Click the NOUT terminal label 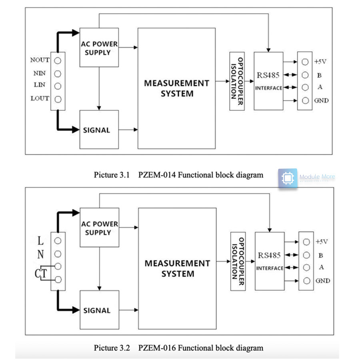coord(40,60)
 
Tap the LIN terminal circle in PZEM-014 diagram coord(58,86)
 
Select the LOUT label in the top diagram coord(40,98)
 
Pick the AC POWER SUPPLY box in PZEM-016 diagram coord(100,228)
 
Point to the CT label coord(40,274)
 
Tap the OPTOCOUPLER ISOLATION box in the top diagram coord(237,81)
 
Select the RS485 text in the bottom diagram coord(269,255)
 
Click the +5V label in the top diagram coord(320,62)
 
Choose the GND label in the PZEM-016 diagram coord(322,281)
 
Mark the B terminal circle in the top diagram coord(305,75)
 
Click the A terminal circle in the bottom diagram coord(306,268)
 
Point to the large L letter coord(40,241)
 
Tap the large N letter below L coord(40,254)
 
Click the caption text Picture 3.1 coord(112,175)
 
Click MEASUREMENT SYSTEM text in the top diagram coord(176,88)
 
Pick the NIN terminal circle coord(58,73)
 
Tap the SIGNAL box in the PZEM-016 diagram coord(100,310)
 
